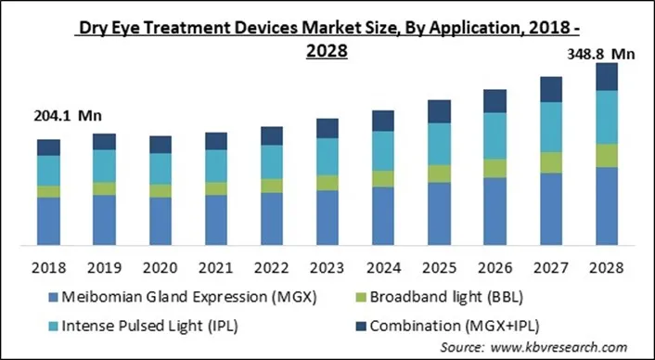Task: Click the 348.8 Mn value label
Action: point(600,55)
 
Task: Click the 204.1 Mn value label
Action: point(54,117)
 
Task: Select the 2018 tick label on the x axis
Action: point(48,267)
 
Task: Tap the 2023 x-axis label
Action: point(327,267)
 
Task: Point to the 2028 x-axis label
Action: point(606,267)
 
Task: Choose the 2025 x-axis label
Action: point(438,267)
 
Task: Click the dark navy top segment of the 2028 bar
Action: point(607,77)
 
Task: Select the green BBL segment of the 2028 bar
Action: point(607,155)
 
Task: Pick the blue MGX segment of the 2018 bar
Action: point(49,222)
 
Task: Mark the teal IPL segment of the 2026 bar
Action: point(495,135)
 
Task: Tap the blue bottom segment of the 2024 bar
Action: point(383,216)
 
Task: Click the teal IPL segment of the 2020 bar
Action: point(161,168)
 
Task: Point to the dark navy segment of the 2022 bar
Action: point(272,135)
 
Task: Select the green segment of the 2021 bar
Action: point(216,188)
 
